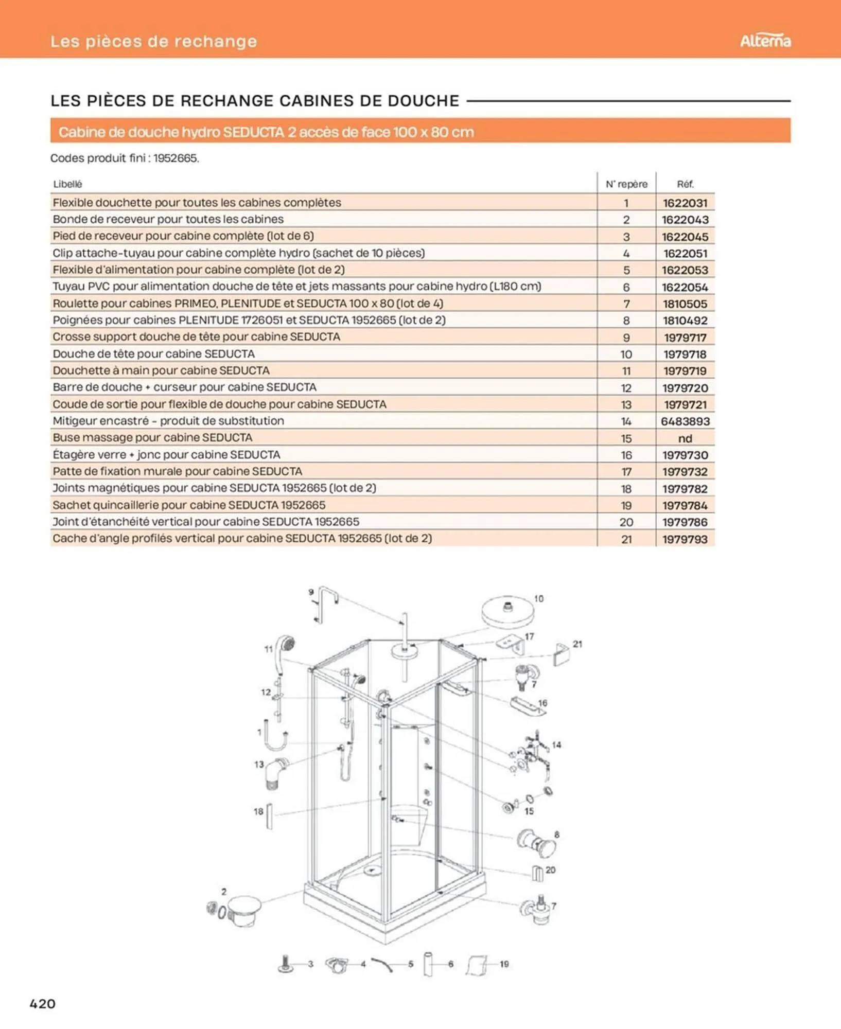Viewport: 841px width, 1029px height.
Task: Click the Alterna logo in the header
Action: [x=765, y=41]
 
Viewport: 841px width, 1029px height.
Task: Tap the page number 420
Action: [x=42, y=1003]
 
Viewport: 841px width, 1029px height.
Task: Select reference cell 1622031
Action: [x=685, y=203]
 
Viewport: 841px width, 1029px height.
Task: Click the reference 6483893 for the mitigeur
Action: [x=685, y=421]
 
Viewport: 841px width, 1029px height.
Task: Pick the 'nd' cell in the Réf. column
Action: [x=685, y=438]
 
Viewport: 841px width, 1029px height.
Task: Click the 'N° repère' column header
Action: [x=626, y=184]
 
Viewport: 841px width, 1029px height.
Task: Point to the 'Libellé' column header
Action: [x=67, y=184]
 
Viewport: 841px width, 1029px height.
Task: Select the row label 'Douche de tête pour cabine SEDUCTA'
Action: [x=153, y=354]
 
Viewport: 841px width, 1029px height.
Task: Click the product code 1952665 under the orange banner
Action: [x=175, y=158]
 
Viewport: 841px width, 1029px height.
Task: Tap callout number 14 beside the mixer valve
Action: [x=556, y=744]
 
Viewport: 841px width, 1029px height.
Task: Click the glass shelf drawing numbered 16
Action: [x=526, y=706]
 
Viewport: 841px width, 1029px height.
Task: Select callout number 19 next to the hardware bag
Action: [x=504, y=964]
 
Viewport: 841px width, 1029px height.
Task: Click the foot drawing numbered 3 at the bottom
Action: [x=286, y=964]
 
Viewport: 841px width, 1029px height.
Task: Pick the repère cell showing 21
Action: [x=626, y=539]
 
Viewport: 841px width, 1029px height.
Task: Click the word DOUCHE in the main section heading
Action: [x=423, y=101]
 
